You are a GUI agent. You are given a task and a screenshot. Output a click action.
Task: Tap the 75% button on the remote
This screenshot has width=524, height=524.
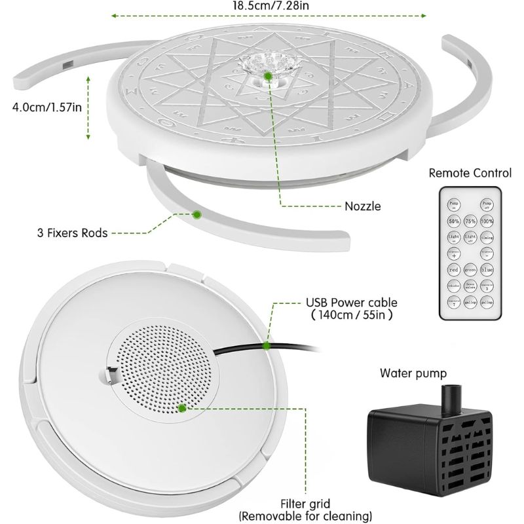pyautogui.click(x=469, y=221)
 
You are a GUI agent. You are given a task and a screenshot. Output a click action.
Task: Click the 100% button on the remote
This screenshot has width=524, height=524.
pyautogui.click(x=487, y=221)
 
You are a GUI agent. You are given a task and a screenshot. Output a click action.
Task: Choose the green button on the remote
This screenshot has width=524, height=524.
pyautogui.click(x=469, y=269)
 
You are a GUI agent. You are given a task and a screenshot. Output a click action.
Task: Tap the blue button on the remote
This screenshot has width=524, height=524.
pyautogui.click(x=487, y=269)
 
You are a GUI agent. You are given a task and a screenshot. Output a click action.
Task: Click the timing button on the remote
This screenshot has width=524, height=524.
pyautogui.click(x=487, y=237)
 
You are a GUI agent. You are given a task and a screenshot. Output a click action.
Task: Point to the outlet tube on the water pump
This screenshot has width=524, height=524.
pyautogui.click(x=451, y=397)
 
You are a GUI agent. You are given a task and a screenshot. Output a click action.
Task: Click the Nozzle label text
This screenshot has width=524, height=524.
pyautogui.click(x=362, y=206)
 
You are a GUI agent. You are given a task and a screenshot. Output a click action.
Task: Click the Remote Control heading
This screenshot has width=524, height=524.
pyautogui.click(x=470, y=173)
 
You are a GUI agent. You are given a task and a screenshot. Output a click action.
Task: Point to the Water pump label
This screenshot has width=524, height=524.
pyautogui.click(x=413, y=373)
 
